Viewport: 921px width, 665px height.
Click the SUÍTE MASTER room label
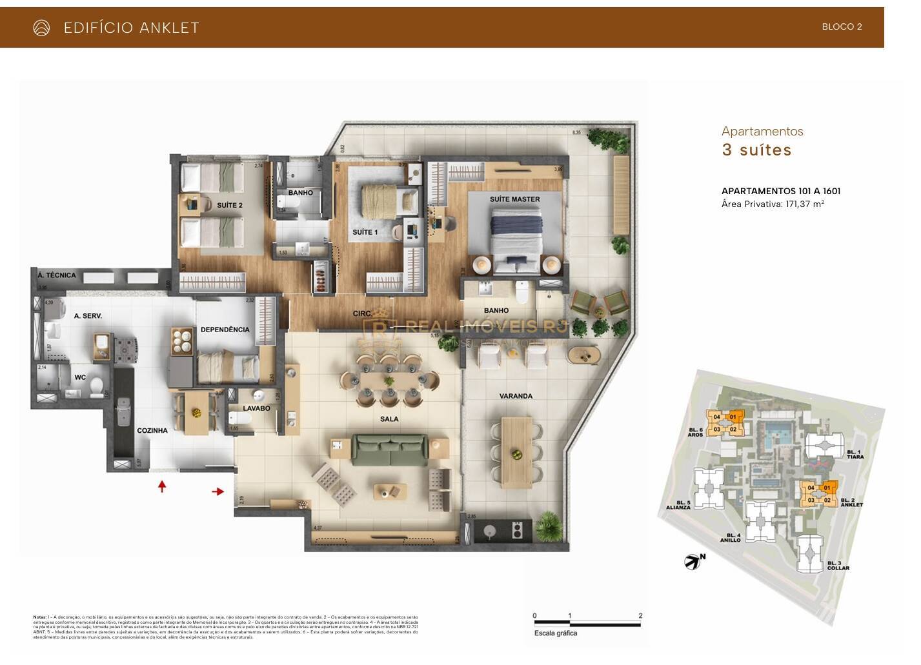(514, 199)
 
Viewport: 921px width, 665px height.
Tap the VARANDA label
(516, 396)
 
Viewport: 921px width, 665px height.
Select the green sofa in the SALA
(390, 450)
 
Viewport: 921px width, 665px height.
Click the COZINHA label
(152, 431)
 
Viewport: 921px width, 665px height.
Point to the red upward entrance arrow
(162, 486)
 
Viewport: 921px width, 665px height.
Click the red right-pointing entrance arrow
(218, 492)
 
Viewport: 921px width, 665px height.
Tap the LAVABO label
(256, 408)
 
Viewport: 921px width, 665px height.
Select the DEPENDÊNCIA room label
(225, 330)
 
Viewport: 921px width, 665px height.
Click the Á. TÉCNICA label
(57, 275)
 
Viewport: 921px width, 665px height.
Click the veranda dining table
(516, 452)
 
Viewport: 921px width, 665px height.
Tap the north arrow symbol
(693, 561)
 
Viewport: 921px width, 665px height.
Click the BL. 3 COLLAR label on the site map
(838, 566)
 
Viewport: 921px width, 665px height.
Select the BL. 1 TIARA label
(855, 454)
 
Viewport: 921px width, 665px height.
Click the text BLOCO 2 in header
(842, 27)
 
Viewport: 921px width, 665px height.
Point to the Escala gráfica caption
(555, 633)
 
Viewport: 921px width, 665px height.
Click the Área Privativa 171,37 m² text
(773, 204)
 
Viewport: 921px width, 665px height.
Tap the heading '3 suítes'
(756, 150)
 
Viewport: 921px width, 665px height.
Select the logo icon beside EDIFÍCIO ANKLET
(41, 28)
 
